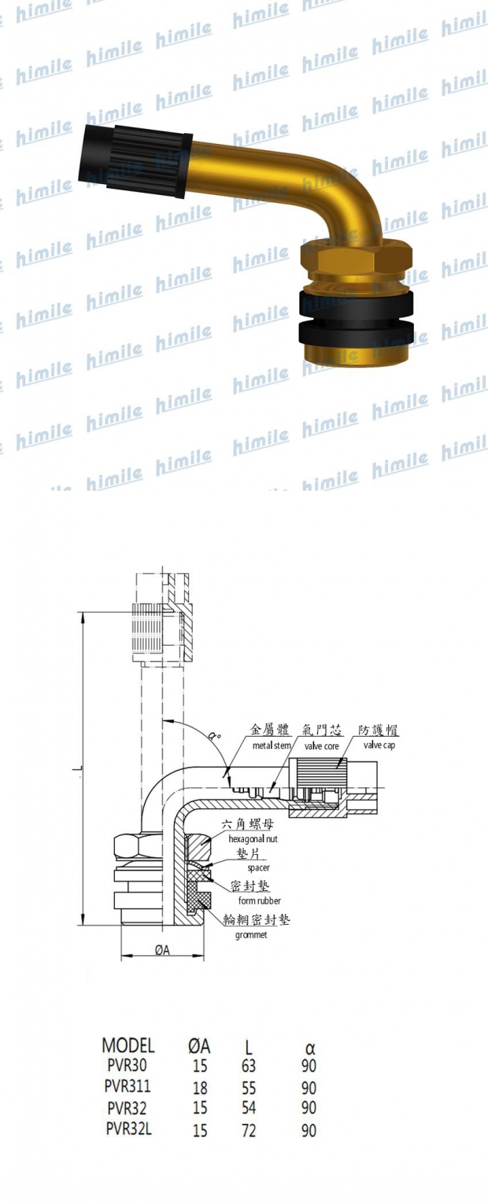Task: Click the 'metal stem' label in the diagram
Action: pos(272,746)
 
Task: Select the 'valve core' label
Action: pos(320,746)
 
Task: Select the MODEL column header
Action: pos(128,1046)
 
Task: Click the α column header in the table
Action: pos(309,1049)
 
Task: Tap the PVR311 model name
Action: pos(128,1087)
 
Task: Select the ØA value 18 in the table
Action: pos(200,1088)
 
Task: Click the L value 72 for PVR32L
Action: pos(249,1130)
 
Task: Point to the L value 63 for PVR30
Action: pos(249,1066)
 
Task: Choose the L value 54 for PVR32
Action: pos(249,1108)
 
